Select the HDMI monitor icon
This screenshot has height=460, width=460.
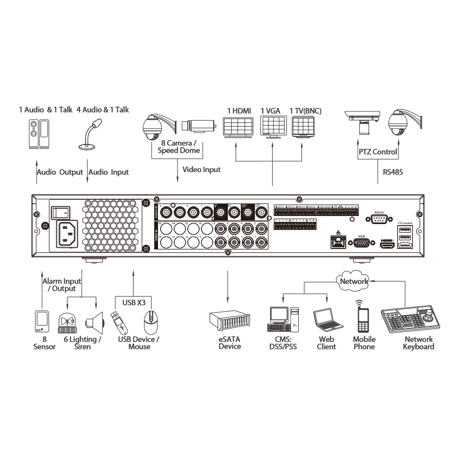point(238,129)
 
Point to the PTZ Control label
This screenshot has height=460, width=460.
point(378,152)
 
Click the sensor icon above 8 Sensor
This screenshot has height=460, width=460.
point(41,321)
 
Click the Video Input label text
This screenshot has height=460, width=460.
point(201,169)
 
